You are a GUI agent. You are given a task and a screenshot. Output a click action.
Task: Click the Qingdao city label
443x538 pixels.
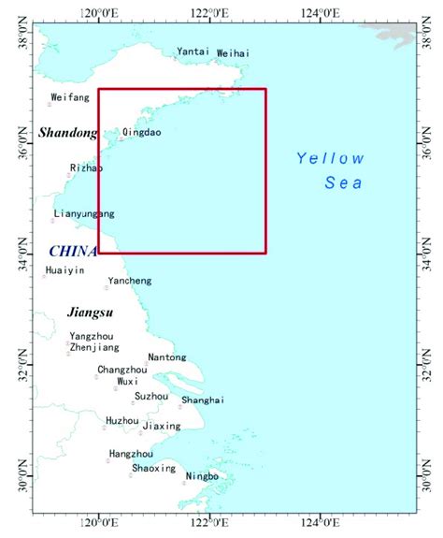(x=142, y=133)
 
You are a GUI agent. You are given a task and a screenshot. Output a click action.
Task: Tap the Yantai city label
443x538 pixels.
(x=193, y=52)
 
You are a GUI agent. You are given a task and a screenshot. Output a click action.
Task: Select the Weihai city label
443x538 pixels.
(x=233, y=54)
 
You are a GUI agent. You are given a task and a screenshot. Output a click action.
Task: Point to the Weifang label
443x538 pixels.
(x=70, y=97)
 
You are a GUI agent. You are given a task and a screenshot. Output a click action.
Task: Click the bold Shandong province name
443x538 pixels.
(x=68, y=134)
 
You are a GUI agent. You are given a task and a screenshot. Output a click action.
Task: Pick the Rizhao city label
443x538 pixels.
(x=86, y=168)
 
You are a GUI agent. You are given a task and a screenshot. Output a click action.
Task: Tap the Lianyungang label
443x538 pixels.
(x=84, y=214)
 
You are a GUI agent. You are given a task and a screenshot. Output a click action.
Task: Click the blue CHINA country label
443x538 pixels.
(x=73, y=251)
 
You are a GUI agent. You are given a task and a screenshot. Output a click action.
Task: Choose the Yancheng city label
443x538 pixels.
(x=129, y=281)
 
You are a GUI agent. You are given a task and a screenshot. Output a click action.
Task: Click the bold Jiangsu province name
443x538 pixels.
(x=91, y=312)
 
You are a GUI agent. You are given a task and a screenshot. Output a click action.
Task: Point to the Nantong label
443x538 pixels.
(x=166, y=357)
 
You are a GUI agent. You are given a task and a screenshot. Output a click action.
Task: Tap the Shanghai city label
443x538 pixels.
(x=203, y=400)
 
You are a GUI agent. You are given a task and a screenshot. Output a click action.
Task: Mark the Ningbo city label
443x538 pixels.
(x=202, y=476)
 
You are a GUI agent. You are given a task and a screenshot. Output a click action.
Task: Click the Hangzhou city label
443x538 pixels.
(x=131, y=454)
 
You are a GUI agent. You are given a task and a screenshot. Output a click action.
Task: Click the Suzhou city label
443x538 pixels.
(x=151, y=397)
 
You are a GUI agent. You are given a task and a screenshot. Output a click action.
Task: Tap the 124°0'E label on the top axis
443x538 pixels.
(x=319, y=13)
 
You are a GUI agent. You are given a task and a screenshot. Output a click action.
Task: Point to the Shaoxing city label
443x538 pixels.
(x=153, y=468)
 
